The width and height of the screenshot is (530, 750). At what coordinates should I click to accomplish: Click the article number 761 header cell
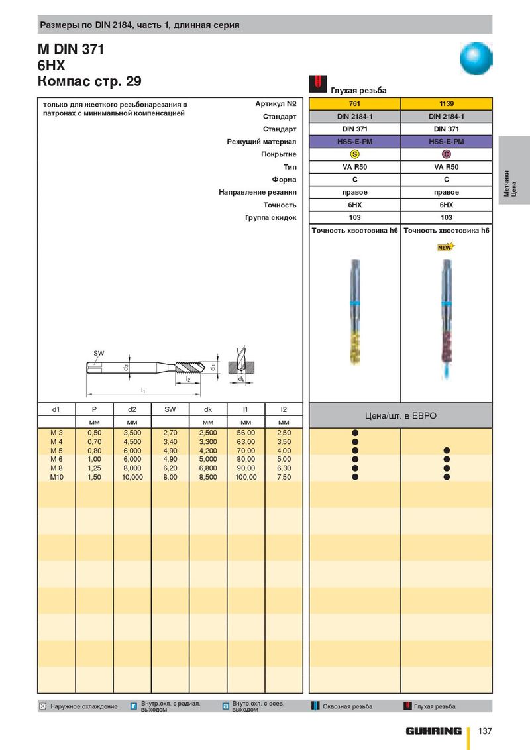tap(354, 103)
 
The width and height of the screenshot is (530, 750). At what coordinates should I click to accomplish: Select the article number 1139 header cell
tap(447, 103)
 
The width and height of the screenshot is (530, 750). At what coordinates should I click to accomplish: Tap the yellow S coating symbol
tap(354, 154)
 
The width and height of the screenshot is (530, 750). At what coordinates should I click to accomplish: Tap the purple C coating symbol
tap(447, 154)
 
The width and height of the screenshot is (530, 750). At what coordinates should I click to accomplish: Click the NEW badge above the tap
tap(445, 247)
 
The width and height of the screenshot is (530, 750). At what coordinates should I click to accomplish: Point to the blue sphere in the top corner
tap(476, 58)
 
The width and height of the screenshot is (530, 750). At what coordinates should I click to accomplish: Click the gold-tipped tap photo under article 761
tap(355, 311)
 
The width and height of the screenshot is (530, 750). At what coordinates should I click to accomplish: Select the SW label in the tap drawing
tap(99, 353)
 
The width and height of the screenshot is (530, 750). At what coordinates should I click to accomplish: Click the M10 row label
tap(56, 477)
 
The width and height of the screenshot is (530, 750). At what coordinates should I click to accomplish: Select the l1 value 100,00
tap(246, 477)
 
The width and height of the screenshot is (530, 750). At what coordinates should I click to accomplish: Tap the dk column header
tap(208, 409)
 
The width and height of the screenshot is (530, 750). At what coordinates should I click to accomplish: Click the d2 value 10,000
tap(132, 477)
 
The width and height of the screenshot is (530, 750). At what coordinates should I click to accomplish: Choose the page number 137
tap(484, 731)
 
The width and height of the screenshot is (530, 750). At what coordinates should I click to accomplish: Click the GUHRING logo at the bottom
tap(434, 731)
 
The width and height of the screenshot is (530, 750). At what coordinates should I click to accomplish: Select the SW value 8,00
tap(170, 477)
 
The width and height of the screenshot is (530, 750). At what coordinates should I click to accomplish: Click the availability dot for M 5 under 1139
tap(447, 451)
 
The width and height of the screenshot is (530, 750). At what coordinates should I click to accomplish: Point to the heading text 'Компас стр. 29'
tap(89, 81)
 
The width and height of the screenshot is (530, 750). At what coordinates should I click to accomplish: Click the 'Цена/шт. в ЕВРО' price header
tap(401, 416)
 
